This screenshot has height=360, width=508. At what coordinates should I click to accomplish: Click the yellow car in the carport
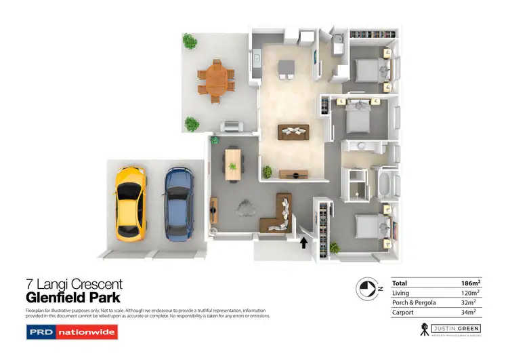click(129, 203)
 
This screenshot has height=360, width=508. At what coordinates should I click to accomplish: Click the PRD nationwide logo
click(71, 332)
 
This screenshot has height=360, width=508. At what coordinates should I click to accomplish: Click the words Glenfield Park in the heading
click(73, 298)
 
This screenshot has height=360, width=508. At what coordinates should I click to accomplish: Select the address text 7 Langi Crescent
click(74, 285)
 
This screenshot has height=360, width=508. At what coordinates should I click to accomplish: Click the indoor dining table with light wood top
click(233, 163)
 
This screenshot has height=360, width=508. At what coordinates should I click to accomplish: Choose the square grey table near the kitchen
click(287, 66)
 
